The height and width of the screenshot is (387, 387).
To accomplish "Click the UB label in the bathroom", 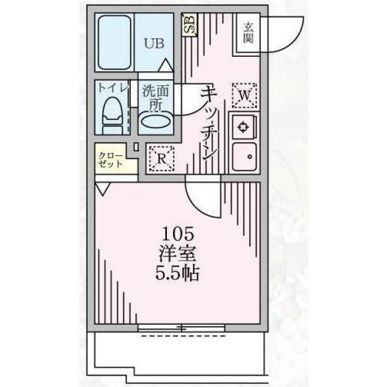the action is click(154, 44).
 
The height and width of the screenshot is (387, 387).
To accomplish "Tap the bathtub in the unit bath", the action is click(114, 42).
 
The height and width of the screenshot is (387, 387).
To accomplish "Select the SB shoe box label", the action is click(190, 25).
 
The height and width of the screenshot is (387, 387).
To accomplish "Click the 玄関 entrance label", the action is click(248, 33).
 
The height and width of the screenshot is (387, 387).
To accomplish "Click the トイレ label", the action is click(113, 87).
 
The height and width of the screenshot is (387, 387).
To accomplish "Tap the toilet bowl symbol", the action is click(112, 115).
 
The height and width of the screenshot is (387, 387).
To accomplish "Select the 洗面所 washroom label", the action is click(155, 98).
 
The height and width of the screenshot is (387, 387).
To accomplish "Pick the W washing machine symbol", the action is click(244, 96).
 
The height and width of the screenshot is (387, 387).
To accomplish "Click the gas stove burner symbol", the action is click(242, 127).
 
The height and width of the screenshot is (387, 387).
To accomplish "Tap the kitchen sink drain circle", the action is click(250, 156).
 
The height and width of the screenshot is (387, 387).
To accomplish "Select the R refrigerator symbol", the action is click(161, 158).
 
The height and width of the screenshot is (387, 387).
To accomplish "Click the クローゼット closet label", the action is click(110, 160).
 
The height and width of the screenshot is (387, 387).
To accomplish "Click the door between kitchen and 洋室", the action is click(203, 196).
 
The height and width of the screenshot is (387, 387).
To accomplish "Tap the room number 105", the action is click(177, 235).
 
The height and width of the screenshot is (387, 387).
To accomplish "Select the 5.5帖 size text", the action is click(177, 273).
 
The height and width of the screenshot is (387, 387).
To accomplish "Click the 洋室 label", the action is click(177, 254).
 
